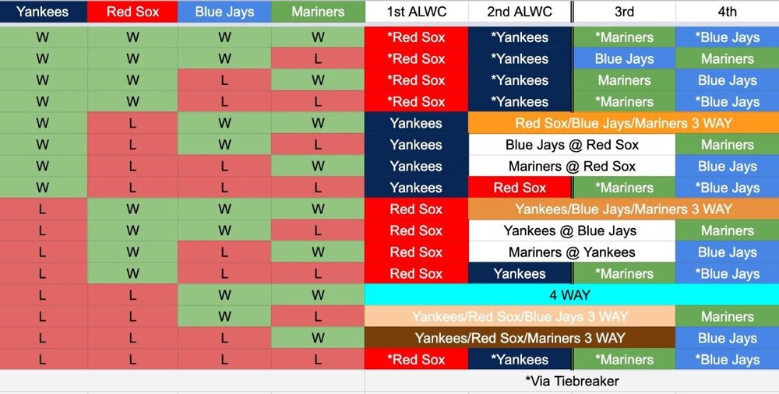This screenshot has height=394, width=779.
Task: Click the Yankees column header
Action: (43, 12)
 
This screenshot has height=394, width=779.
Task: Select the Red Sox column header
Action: (132, 12)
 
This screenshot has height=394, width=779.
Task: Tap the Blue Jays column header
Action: (224, 12)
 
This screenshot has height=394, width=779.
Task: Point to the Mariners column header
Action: (318, 12)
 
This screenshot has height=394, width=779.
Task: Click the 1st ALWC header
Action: (416, 12)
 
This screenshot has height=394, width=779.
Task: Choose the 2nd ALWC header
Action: (520, 12)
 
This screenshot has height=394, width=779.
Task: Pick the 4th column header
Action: (728, 12)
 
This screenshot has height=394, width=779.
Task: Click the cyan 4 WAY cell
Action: (571, 295)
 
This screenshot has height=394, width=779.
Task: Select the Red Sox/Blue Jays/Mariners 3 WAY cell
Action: (623, 123)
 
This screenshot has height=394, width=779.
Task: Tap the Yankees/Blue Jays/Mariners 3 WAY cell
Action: (623, 209)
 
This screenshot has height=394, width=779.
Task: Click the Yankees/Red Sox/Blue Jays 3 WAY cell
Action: (520, 316)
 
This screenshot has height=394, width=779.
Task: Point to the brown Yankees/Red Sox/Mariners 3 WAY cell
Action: (520, 339)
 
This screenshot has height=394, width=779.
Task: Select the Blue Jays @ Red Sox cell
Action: (572, 145)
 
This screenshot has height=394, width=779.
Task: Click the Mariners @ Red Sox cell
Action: (572, 166)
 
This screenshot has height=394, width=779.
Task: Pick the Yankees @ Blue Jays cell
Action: (572, 230)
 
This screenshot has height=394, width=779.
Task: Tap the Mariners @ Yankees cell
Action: (572, 252)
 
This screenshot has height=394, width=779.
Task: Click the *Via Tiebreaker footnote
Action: (572, 381)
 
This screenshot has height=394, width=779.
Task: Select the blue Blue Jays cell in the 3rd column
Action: (624, 58)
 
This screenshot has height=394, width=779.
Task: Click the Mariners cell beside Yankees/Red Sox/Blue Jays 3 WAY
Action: (728, 316)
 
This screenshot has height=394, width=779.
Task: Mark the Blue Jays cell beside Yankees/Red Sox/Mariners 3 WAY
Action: (728, 339)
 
